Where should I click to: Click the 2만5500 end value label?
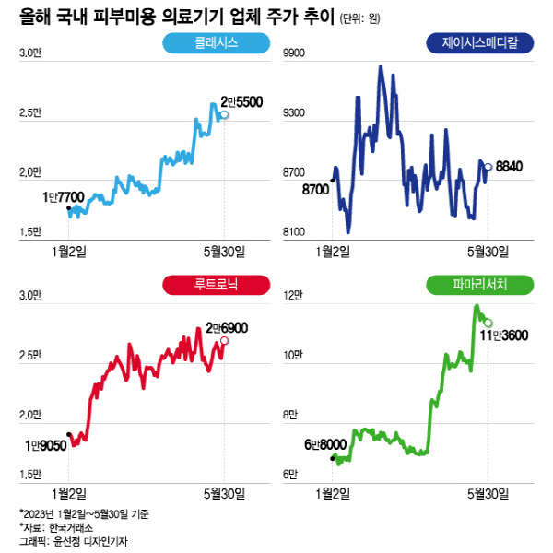coord(241,102)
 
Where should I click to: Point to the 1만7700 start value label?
coord(63,196)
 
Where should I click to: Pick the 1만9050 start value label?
coord(48,445)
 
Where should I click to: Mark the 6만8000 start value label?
coord(324,444)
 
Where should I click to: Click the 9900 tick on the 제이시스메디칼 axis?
coord(293,54)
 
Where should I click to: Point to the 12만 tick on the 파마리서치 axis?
coord(293,297)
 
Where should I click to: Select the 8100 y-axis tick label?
coord(293,231)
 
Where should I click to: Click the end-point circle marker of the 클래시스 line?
coord(224,115)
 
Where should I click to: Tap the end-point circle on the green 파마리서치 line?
coord(488,323)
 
